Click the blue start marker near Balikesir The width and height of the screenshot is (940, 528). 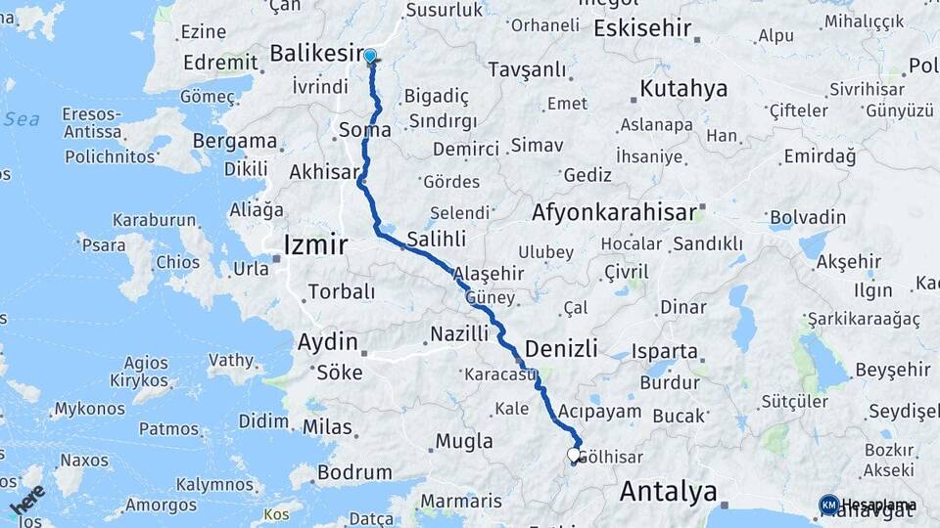(x=370, y=57)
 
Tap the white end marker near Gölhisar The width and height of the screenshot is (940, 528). (x=574, y=455)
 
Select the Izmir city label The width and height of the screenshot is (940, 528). (x=314, y=244)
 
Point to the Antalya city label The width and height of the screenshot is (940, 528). (x=668, y=491)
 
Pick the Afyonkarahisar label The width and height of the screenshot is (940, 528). (x=615, y=212)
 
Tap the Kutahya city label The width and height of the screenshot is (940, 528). (x=683, y=89)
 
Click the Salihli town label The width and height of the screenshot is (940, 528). (x=436, y=240)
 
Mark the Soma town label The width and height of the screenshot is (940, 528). (x=364, y=130)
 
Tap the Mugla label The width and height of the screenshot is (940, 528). (x=464, y=441)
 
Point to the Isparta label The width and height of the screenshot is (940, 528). (x=666, y=352)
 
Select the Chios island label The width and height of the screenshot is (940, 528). (x=177, y=262)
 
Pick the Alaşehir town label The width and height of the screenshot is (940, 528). (x=494, y=275)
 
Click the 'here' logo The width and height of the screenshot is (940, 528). (x=26, y=502)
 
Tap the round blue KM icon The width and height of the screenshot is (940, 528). (x=828, y=505)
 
